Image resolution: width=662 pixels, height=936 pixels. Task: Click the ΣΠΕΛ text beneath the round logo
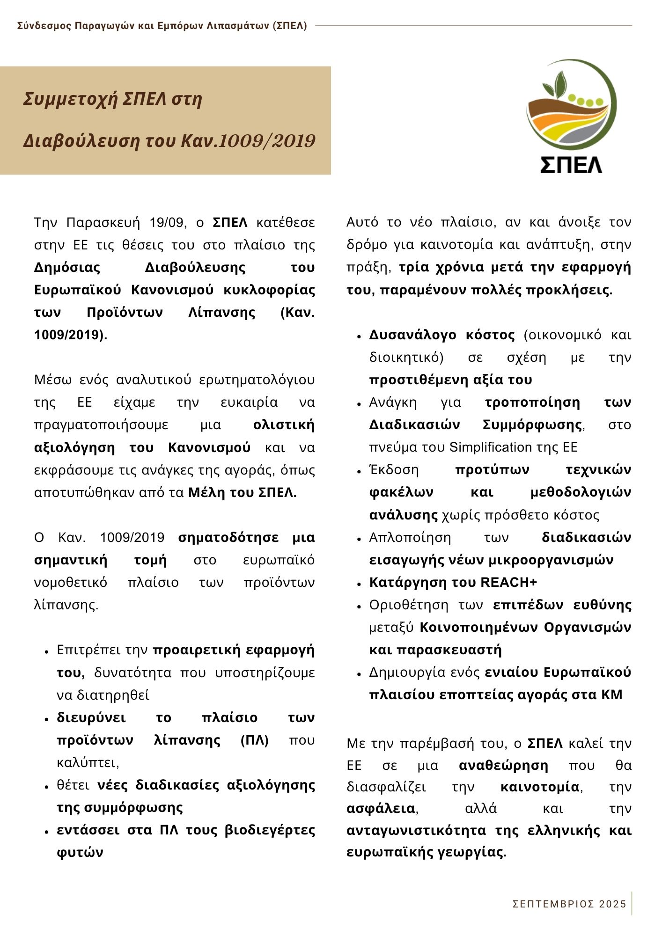tap(571, 164)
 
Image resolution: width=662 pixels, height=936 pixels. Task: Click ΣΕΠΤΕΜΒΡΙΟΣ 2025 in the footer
tap(569, 904)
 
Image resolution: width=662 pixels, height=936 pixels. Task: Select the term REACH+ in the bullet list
tap(508, 582)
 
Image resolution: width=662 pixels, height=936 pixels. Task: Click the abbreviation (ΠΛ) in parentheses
tap(255, 740)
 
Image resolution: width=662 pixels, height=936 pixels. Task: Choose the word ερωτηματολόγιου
tap(257, 380)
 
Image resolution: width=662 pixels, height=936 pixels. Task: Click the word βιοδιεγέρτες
tap(270, 830)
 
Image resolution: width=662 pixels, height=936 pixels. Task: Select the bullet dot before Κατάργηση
tap(359, 584)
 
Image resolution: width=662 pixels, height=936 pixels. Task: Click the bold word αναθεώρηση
tap(503, 765)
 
